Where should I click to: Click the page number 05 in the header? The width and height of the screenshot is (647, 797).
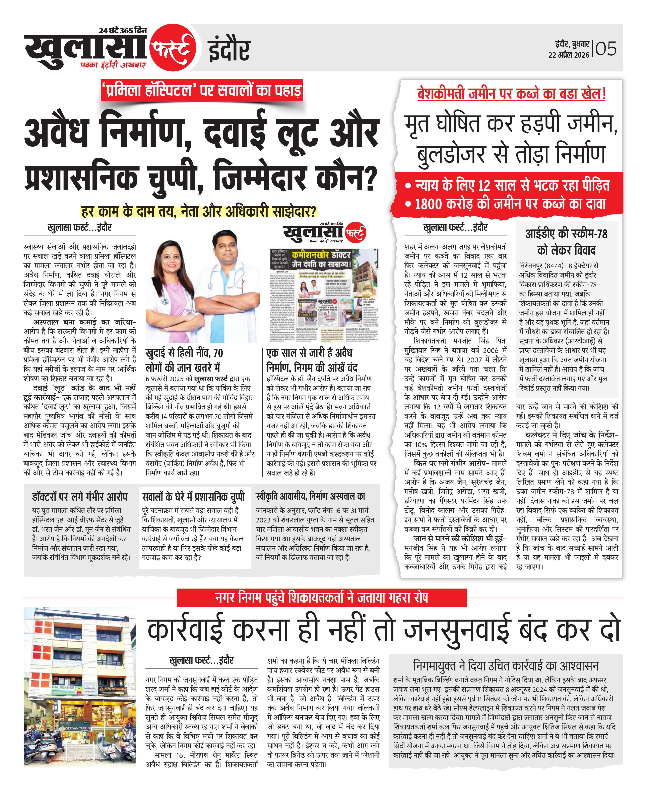[x=606, y=49]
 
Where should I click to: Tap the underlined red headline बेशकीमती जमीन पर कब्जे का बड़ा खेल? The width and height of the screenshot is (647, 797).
[x=511, y=94]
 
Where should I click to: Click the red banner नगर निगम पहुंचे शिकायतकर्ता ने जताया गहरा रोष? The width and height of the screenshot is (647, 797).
[x=322, y=598]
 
